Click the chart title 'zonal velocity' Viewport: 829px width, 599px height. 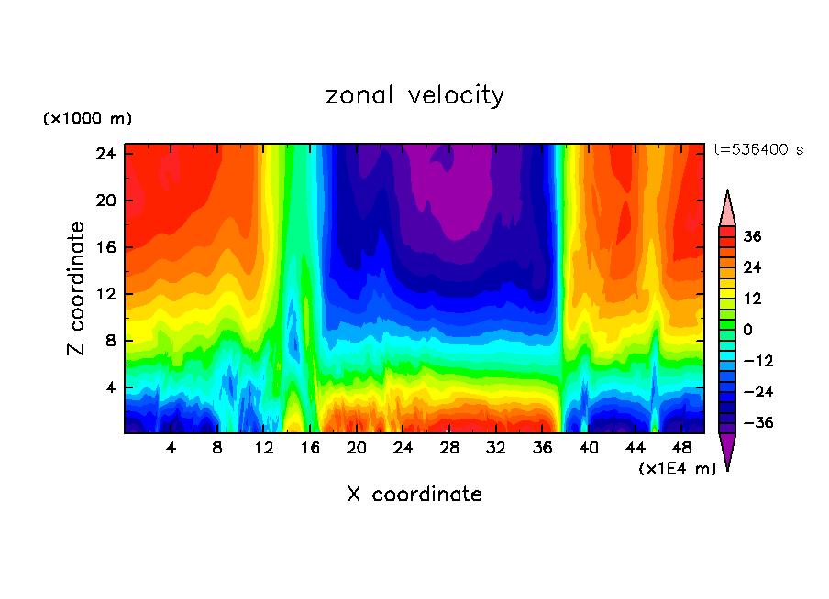[x=414, y=95]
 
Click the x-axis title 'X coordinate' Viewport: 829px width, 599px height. [x=414, y=495]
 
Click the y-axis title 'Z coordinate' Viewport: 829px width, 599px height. [x=77, y=289]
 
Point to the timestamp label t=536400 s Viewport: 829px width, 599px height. [x=757, y=149]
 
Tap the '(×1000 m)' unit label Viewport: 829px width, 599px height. [x=87, y=119]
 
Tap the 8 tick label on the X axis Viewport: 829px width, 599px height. [x=217, y=449]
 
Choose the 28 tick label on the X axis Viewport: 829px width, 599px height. [x=449, y=449]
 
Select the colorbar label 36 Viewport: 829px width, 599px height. [x=753, y=236]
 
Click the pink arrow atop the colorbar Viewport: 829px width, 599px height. [x=727, y=208]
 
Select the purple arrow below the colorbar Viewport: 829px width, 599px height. [x=727, y=451]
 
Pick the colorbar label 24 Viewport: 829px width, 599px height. [x=753, y=267]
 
